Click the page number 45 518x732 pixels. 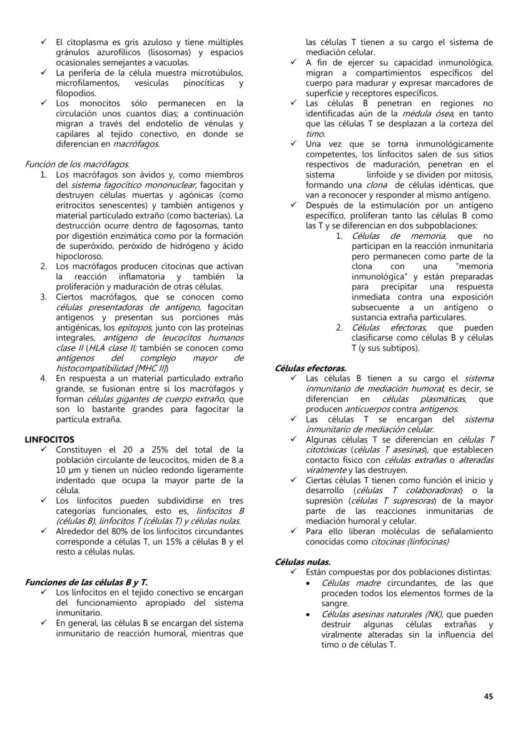click(x=488, y=696)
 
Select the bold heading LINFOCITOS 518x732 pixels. click(x=49, y=439)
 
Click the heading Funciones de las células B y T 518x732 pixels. click(x=86, y=582)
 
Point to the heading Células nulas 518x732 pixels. click(x=303, y=561)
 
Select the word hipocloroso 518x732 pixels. click(x=79, y=256)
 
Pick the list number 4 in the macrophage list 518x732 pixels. click(x=44, y=378)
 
